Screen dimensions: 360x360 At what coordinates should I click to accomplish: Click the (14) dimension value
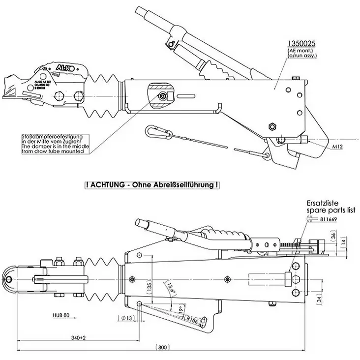(x=348, y=242)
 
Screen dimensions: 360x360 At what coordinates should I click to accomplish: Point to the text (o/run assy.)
(x=302, y=56)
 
